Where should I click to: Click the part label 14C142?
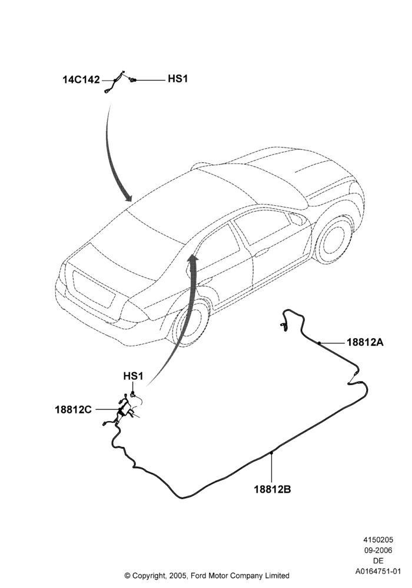pyautogui.click(x=81, y=79)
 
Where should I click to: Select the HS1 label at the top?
pyautogui.click(x=178, y=79)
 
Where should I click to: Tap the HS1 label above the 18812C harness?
pyautogui.click(x=133, y=376)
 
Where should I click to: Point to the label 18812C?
pyautogui.click(x=73, y=410)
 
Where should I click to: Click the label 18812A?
pyautogui.click(x=365, y=342)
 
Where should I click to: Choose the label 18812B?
pyautogui.click(x=273, y=489)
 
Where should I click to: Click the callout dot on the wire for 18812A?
pyautogui.click(x=319, y=342)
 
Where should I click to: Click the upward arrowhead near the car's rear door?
pyautogui.click(x=193, y=258)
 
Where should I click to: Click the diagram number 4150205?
pyautogui.click(x=378, y=540)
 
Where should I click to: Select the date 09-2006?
pyautogui.click(x=378, y=550)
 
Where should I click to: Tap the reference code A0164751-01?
pyautogui.click(x=378, y=572)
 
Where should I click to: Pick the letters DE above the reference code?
pyautogui.click(x=378, y=561)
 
